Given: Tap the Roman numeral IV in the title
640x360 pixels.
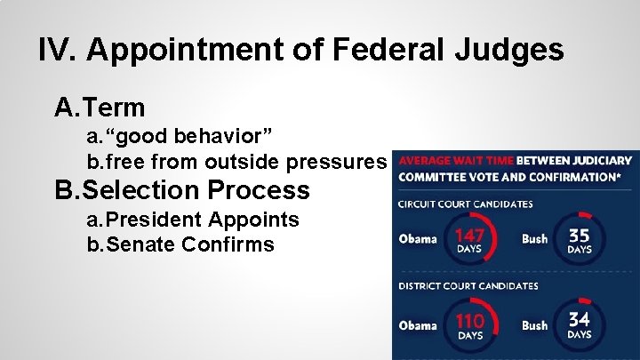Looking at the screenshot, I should point(58,50).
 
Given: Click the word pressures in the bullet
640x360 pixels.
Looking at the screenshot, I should point(342,162).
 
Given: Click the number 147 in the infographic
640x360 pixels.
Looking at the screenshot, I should point(468,236).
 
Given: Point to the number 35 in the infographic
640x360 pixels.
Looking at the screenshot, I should point(579,236).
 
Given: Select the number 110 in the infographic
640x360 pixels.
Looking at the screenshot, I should point(469,321).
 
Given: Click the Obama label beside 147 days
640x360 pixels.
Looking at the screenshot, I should point(418,239).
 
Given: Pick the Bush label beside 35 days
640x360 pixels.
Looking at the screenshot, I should point(534,239).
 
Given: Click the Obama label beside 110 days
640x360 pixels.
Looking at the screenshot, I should point(418,325).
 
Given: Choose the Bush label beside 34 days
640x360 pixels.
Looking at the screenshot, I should point(534,325).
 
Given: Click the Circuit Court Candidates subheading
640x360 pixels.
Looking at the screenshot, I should point(466,204).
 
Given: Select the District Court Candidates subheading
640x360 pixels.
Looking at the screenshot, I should point(468,286).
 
